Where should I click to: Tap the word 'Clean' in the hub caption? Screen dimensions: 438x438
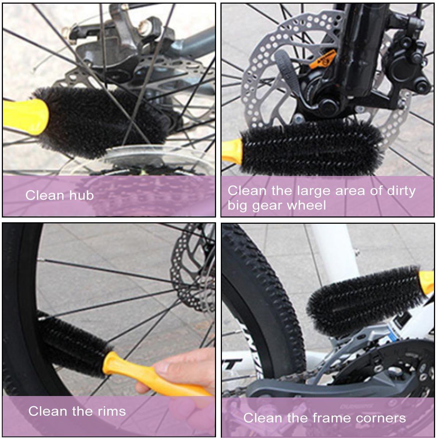(x=44, y=195)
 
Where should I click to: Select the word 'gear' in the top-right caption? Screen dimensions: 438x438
(x=267, y=206)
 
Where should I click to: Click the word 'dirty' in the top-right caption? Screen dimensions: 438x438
(x=401, y=191)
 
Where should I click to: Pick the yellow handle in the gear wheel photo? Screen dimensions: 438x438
(x=233, y=152)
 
